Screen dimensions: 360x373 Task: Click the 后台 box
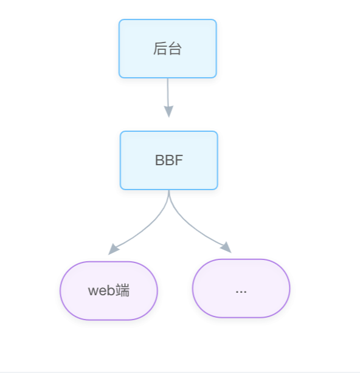click(168, 49)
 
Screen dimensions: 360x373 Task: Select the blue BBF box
click(169, 160)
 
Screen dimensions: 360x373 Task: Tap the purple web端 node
click(109, 291)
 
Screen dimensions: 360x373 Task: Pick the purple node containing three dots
click(241, 289)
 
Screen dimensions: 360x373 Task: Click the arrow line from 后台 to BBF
click(168, 98)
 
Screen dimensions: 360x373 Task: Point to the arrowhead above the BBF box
click(168, 111)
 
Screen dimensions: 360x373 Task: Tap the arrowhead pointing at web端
click(113, 249)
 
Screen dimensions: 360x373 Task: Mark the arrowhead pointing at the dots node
click(226, 247)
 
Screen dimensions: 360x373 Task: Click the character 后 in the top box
click(161, 49)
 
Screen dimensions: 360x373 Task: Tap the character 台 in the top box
click(175, 49)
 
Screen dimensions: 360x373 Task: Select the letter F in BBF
click(179, 160)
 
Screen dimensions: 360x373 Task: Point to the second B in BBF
click(170, 160)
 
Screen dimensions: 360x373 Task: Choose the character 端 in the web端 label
click(123, 290)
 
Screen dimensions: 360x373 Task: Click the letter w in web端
click(93, 292)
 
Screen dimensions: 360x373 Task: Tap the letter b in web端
click(111, 290)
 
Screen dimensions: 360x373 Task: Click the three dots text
click(241, 292)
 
